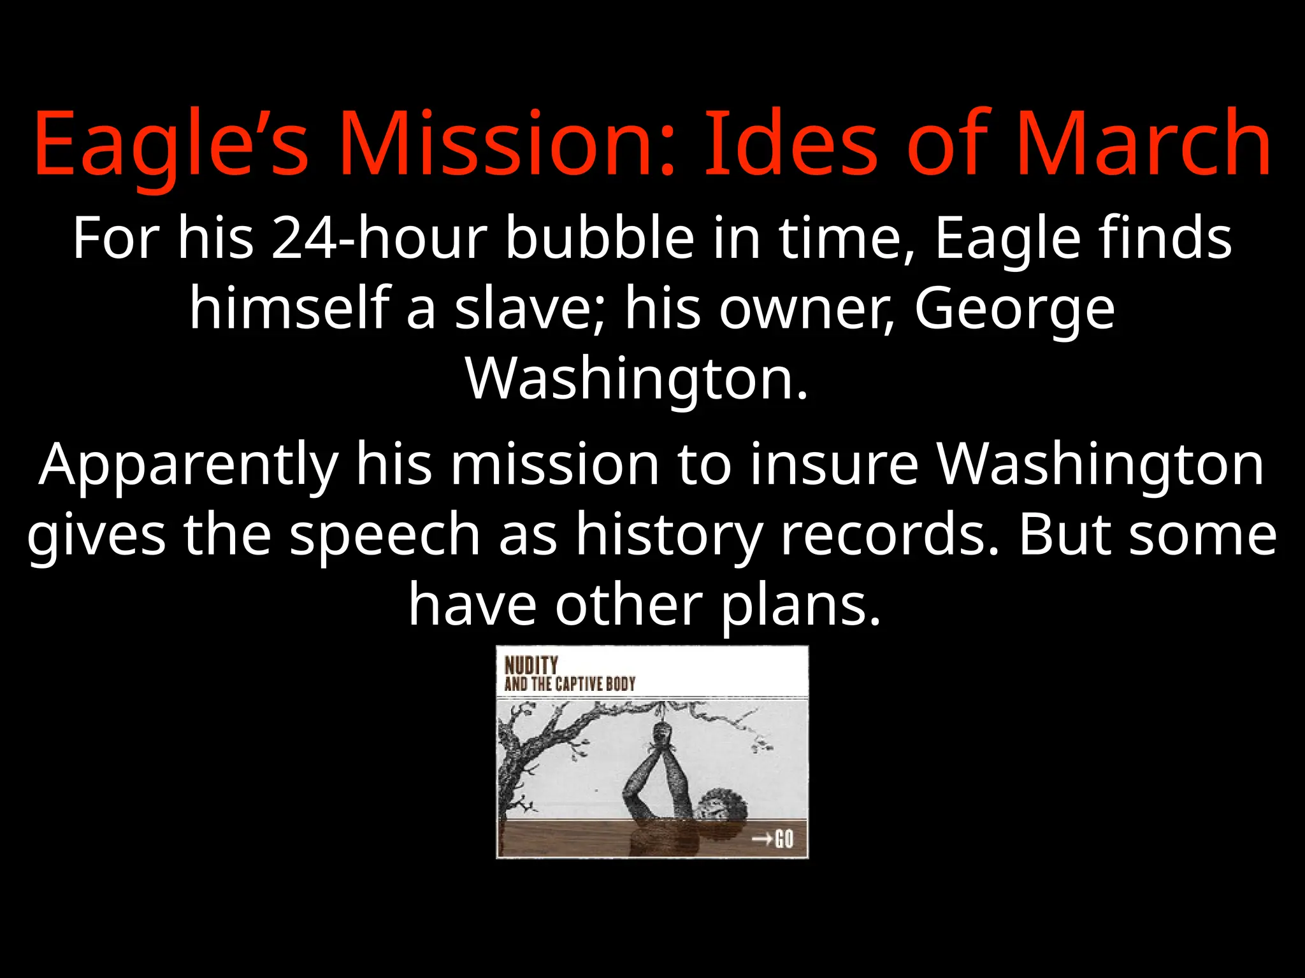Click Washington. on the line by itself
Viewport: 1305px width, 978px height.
click(x=637, y=378)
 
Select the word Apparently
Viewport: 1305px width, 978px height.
click(x=188, y=465)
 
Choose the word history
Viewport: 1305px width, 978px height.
click(x=669, y=535)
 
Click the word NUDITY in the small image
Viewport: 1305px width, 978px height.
click(x=531, y=665)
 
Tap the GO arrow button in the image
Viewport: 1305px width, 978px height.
click(x=772, y=839)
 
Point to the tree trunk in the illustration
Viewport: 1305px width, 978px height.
click(x=510, y=764)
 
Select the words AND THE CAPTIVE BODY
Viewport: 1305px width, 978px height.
click(x=570, y=684)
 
